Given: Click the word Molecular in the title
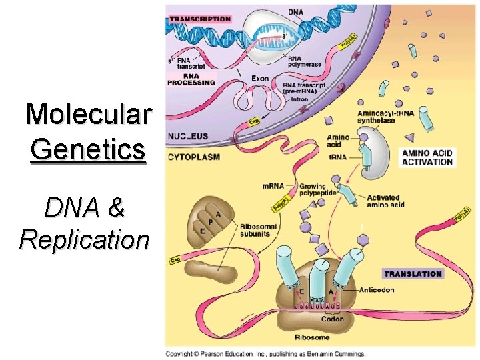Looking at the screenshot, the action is click(89, 114).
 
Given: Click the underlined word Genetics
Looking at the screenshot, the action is click(87, 148).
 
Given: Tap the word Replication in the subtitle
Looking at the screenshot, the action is click(84, 239).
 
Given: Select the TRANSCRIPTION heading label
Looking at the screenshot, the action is click(199, 19).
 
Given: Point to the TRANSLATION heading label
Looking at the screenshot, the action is click(413, 273).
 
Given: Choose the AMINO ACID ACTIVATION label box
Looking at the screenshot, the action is click(427, 157).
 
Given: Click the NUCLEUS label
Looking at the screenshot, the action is click(188, 136).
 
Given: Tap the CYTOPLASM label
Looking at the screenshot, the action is click(193, 157).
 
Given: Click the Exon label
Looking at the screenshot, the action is click(260, 78).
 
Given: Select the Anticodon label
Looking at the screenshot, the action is click(379, 290).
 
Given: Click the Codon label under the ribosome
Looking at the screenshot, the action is click(331, 319).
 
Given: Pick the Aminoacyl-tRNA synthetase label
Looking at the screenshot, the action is click(385, 117).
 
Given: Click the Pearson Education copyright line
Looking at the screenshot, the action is click(265, 353).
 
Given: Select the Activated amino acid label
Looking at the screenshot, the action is click(385, 201).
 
